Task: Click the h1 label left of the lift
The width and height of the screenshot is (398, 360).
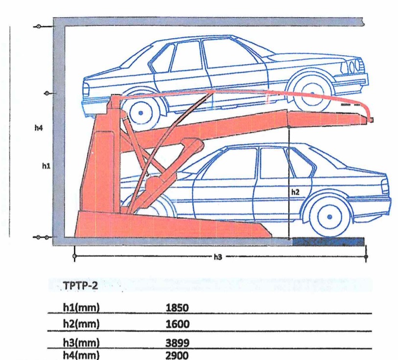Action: click(45, 166)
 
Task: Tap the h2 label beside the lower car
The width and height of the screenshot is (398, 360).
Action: click(295, 192)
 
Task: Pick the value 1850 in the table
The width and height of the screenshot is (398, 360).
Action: click(177, 308)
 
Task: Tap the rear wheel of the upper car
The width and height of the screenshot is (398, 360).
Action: click(141, 112)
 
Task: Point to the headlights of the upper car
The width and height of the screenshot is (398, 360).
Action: click(353, 66)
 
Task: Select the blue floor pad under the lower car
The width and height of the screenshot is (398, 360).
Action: click(328, 241)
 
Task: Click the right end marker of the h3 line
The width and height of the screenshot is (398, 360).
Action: click(366, 255)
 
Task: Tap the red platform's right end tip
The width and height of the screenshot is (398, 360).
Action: click(372, 120)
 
